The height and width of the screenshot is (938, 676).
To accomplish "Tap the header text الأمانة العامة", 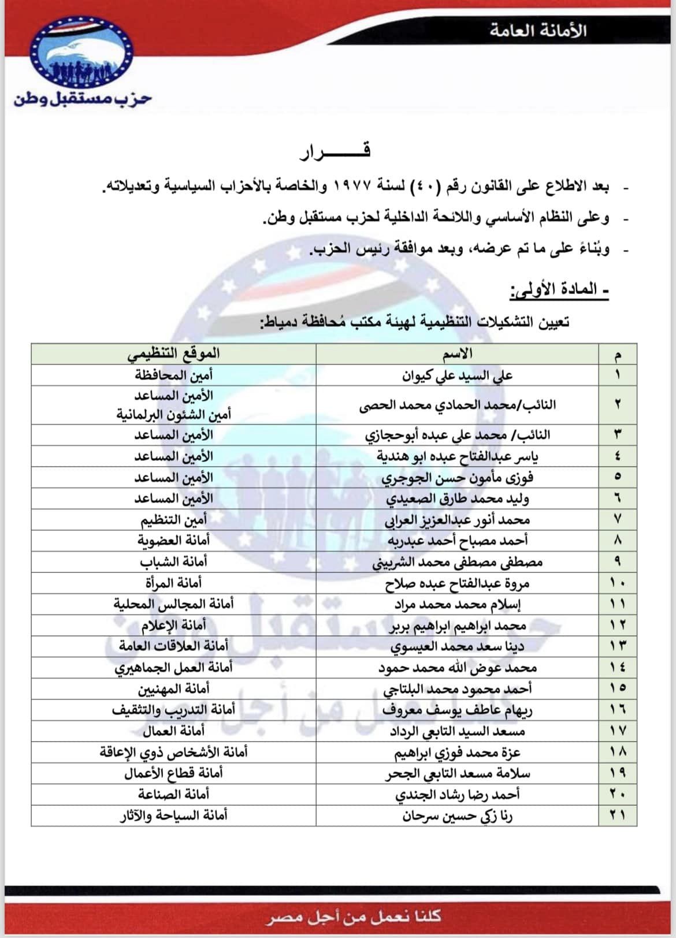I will click(x=538, y=31).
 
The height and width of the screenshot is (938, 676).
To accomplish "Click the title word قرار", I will click(x=335, y=152).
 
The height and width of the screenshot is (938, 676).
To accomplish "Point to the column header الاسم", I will click(x=460, y=353).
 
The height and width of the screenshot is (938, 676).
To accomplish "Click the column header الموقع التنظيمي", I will click(x=173, y=353).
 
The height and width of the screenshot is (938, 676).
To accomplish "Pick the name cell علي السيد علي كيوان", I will click(x=458, y=375).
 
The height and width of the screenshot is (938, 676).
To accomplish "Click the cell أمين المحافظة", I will click(x=173, y=375).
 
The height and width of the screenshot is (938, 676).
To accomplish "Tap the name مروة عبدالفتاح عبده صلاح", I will click(x=458, y=583).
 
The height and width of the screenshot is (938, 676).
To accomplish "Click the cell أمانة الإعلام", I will click(x=173, y=625).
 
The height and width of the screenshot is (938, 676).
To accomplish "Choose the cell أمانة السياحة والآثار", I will click(x=173, y=816).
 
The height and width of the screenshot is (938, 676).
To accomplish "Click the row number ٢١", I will click(x=618, y=816).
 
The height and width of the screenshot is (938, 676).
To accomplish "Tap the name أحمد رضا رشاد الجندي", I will click(x=458, y=795).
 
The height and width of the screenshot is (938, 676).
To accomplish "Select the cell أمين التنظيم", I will click(x=173, y=520).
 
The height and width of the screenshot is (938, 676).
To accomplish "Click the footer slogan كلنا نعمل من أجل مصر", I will click(x=354, y=916).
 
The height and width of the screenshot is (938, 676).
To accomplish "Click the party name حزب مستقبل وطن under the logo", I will click(x=83, y=98).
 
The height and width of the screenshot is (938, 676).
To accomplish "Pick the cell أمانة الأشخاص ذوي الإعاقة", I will click(x=173, y=753).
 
